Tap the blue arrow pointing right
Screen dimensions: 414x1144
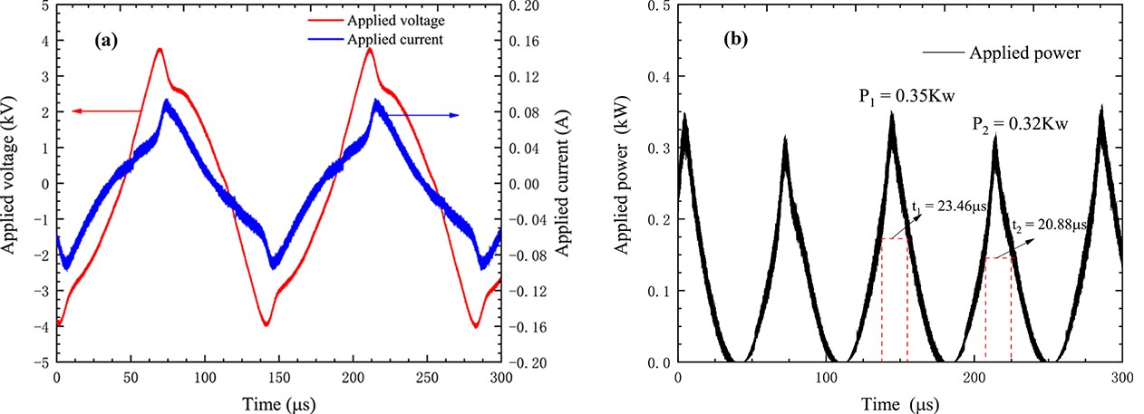pos(426,115)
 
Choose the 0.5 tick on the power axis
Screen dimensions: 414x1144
pos(659,5)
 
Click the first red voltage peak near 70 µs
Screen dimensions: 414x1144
pos(160,50)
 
